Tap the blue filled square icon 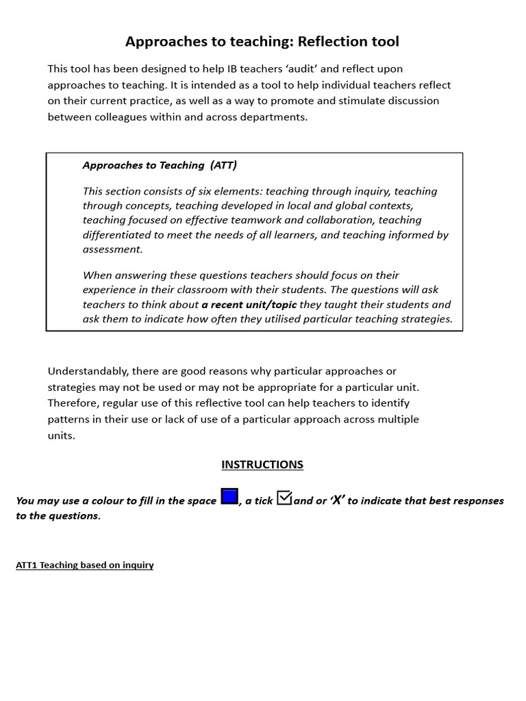tap(229, 497)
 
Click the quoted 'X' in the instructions tap(336, 500)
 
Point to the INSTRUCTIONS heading tap(262, 465)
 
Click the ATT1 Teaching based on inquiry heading tap(84, 565)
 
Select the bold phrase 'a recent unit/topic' tap(249, 305)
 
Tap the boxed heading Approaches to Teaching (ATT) tap(160, 165)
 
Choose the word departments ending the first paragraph tap(273, 116)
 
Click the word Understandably tap(88, 371)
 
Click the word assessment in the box tap(112, 249)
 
